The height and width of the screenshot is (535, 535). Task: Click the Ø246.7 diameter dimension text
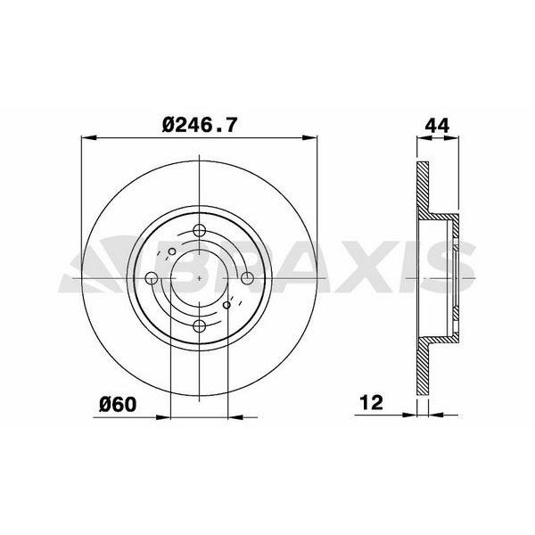point(199,127)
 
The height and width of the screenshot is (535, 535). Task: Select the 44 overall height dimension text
point(436,127)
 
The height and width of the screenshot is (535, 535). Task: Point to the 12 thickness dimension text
point(371,404)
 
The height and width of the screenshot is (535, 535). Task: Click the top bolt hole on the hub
point(199,232)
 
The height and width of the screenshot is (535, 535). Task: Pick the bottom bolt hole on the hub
point(199,325)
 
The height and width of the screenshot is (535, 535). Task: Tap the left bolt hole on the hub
point(152,278)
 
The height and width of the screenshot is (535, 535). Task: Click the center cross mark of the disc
point(199,278)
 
